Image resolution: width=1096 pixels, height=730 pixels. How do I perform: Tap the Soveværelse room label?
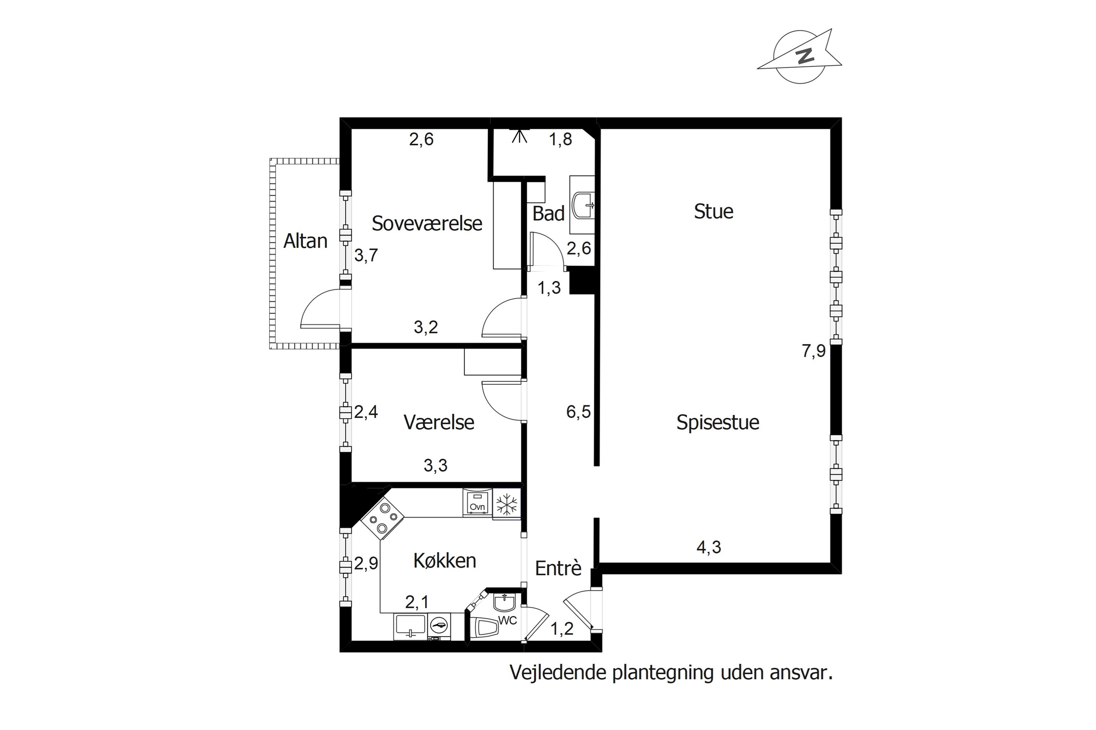click(x=426, y=223)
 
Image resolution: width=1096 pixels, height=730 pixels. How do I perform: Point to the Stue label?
click(x=713, y=212)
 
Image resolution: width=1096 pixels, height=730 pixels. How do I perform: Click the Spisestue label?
click(x=718, y=422)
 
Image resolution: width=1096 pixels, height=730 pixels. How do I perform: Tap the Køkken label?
click(x=445, y=561)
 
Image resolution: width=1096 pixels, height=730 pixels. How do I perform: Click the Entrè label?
click(x=558, y=568)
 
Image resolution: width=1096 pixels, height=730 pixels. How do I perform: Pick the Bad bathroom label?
click(x=548, y=214)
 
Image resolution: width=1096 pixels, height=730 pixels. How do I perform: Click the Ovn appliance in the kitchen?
click(x=477, y=502)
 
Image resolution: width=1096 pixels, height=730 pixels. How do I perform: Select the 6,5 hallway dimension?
click(x=578, y=412)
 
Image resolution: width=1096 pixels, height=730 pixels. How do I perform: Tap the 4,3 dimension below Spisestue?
click(x=708, y=547)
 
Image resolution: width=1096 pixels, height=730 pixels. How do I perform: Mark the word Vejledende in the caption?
click(x=558, y=673)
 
